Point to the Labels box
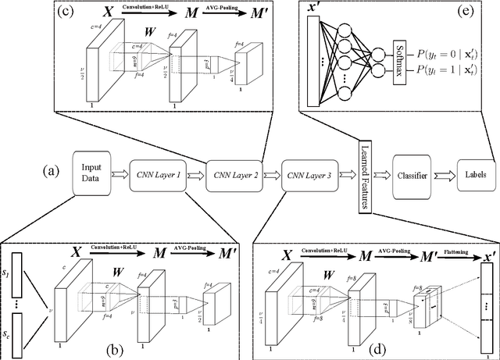(x=474, y=172)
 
